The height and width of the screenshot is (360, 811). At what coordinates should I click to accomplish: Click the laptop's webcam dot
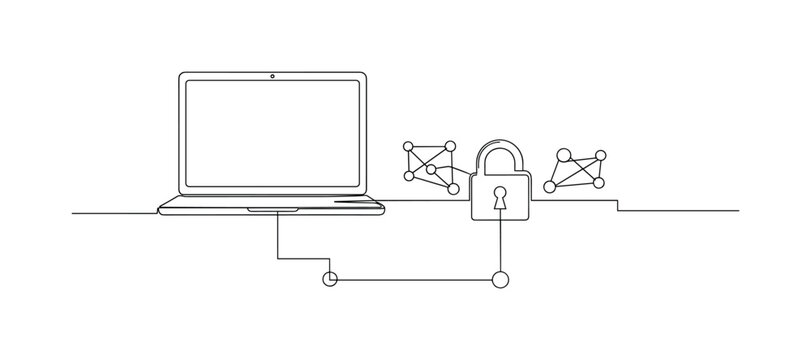tap(272, 77)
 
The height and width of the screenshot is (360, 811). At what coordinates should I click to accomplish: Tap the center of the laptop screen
tap(272, 138)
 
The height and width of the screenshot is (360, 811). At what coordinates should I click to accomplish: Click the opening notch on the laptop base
tap(272, 209)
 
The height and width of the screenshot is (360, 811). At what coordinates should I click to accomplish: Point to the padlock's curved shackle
tap(500, 152)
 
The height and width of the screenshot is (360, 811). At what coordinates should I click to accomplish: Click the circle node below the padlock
tap(500, 279)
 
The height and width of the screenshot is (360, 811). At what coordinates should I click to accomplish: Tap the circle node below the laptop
tap(331, 279)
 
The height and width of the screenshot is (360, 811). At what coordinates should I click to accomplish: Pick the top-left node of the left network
tap(408, 148)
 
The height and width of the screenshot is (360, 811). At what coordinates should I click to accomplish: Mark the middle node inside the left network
tap(431, 169)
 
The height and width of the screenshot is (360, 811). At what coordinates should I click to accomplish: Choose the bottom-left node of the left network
tap(408, 176)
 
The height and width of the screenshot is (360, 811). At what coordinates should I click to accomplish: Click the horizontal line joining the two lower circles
tap(415, 279)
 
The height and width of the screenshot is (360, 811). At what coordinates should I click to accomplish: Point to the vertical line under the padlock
tap(500, 245)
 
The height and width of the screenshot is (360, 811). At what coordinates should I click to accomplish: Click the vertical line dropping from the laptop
tap(278, 235)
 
